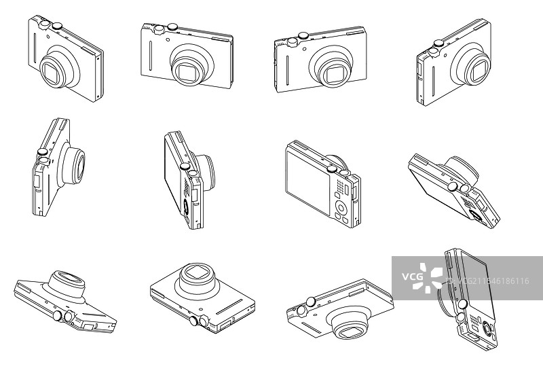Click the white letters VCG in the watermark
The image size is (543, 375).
[x=412, y=276]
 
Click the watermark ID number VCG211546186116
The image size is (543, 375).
[x=493, y=281]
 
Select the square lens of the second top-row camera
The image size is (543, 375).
[x=187, y=72]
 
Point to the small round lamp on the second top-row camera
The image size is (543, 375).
[x=168, y=39]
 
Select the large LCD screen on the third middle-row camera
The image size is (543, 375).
[x=308, y=182]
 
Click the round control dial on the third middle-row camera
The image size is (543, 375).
[x=341, y=208]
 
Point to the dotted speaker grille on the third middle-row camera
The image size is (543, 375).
[x=341, y=187]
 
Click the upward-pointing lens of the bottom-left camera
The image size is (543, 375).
[x=67, y=281]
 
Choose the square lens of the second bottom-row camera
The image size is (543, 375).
[x=197, y=274]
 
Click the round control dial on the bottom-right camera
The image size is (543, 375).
[x=487, y=327]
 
